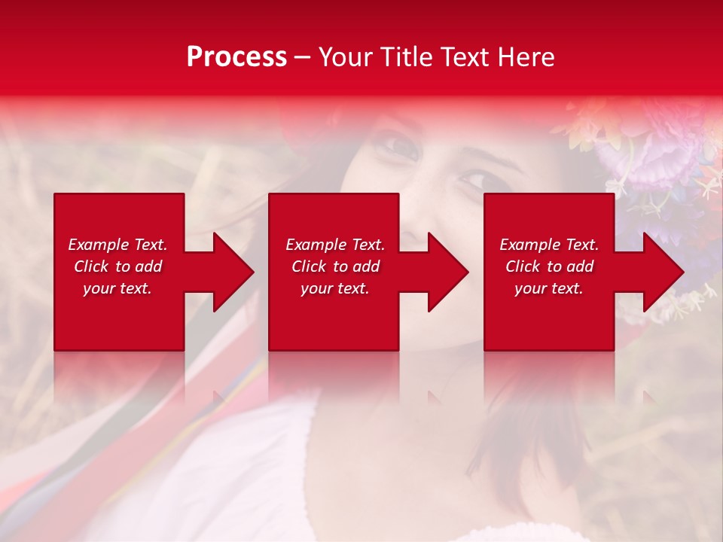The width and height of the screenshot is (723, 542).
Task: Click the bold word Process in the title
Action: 236,57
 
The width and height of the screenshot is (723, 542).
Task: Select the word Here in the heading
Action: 526,57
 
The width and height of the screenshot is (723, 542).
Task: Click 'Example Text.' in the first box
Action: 117,245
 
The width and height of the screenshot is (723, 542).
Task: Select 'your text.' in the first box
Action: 117,288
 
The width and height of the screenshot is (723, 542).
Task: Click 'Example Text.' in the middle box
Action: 335,245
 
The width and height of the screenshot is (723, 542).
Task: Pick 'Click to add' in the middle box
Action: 335,266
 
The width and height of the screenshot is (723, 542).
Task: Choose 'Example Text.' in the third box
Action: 549,245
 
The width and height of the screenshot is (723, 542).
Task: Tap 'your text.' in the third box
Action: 549,288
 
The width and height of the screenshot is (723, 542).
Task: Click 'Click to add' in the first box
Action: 117,266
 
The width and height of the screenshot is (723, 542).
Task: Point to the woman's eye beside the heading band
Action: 399,146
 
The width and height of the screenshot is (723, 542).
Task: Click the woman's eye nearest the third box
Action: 474,181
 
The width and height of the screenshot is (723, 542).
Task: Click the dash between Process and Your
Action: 303,57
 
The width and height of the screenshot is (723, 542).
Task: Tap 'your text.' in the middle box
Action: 335,288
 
